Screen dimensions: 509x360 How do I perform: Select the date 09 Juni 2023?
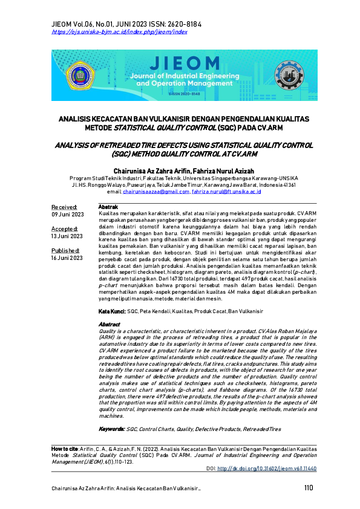click(67, 215)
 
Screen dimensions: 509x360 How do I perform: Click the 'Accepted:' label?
click(65, 229)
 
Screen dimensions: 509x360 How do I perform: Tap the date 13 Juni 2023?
click(67, 236)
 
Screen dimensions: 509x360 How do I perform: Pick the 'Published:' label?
click(65, 250)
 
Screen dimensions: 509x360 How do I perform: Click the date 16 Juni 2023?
click(67, 258)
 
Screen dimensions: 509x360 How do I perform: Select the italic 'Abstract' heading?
click(109, 324)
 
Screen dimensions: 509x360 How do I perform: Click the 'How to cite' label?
click(65, 450)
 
